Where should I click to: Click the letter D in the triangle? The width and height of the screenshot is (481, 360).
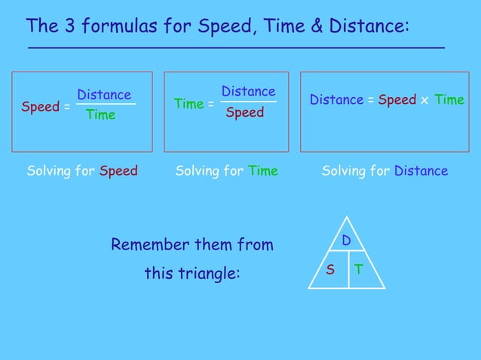pyautogui.click(x=347, y=241)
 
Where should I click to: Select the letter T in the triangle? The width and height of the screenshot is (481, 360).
pyautogui.click(x=360, y=270)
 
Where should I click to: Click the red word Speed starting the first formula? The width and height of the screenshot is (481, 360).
pyautogui.click(x=40, y=107)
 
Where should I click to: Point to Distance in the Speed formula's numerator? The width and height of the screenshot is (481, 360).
pyautogui.click(x=104, y=95)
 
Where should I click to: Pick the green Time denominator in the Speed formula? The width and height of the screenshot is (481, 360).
pyautogui.click(x=100, y=115)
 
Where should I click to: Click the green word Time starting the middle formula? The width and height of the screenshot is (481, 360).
pyautogui.click(x=188, y=104)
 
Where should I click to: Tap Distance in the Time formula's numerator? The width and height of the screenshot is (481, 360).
pyautogui.click(x=248, y=92)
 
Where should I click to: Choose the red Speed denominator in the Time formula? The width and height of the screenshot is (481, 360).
pyautogui.click(x=245, y=112)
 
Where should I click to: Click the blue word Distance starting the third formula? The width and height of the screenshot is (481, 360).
pyautogui.click(x=336, y=100)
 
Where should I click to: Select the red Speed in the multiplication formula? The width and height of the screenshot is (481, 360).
pyautogui.click(x=397, y=100)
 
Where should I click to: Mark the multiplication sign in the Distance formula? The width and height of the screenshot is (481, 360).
pyautogui.click(x=425, y=101)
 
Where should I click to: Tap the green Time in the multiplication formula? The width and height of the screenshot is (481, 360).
pyautogui.click(x=449, y=100)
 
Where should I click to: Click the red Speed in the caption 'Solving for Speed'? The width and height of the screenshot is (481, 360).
pyautogui.click(x=118, y=171)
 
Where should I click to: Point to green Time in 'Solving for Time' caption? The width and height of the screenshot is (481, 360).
pyautogui.click(x=263, y=171)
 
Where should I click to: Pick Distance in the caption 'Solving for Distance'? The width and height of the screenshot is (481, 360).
pyautogui.click(x=421, y=171)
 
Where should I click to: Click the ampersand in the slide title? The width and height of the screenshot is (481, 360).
pyautogui.click(x=317, y=27)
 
